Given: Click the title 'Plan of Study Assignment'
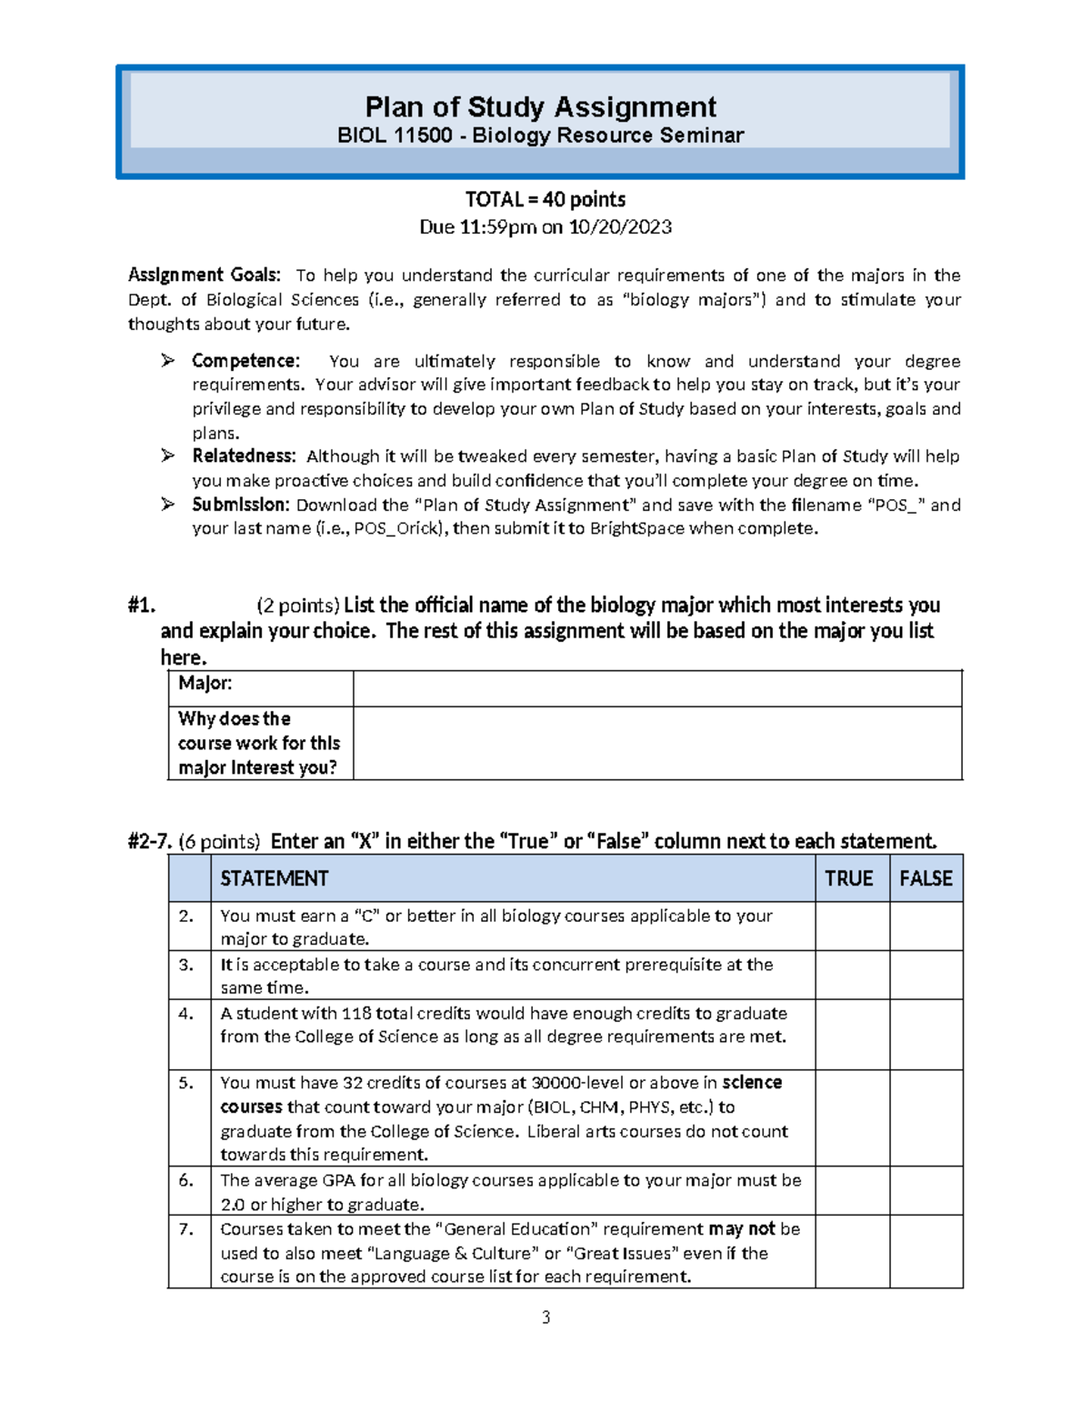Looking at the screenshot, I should click(x=540, y=107).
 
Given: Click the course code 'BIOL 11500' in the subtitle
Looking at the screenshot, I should click(x=395, y=136).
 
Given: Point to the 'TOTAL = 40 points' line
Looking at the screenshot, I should click(x=545, y=199).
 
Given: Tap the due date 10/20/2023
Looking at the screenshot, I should click(x=620, y=227).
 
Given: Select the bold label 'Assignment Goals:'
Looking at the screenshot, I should click(x=205, y=275).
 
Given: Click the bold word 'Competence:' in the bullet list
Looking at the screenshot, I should click(x=245, y=361).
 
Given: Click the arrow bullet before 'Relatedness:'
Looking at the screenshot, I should click(x=168, y=456).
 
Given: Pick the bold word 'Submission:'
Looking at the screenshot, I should click(x=240, y=505).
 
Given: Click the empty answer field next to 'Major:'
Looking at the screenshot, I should click(x=656, y=688).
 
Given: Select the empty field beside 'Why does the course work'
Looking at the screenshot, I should click(x=656, y=743).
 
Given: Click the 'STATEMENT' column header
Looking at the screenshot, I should click(x=274, y=878).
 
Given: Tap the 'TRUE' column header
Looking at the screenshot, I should click(x=848, y=878).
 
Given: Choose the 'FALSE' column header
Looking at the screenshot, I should click(x=926, y=878).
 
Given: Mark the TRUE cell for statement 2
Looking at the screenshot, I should click(x=851, y=926).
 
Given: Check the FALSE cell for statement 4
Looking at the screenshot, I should click(x=926, y=1034).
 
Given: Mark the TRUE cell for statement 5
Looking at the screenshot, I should click(x=851, y=1117).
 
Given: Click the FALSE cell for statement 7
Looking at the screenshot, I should click(x=926, y=1251).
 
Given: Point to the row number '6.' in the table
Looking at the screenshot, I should click(x=186, y=1180).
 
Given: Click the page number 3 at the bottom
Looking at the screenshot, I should click(x=545, y=1317).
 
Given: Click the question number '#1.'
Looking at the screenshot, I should click(x=142, y=606).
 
